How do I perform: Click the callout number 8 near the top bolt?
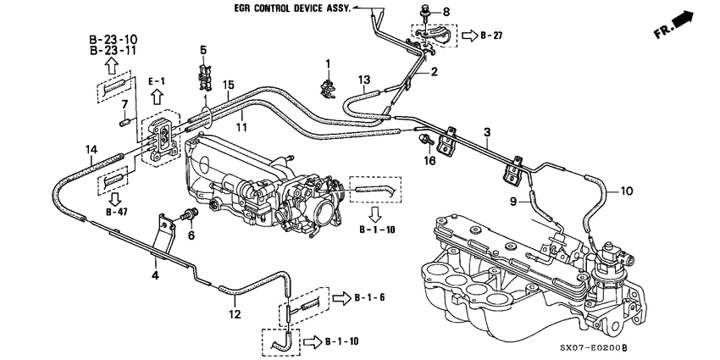click(448, 13)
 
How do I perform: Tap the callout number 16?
click(429, 159)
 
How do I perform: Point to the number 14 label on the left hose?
click(91, 150)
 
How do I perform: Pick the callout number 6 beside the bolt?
click(191, 236)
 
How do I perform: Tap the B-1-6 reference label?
click(369, 299)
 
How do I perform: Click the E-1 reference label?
click(158, 80)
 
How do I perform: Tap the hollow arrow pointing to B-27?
click(468, 37)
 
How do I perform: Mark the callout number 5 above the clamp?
click(202, 51)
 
